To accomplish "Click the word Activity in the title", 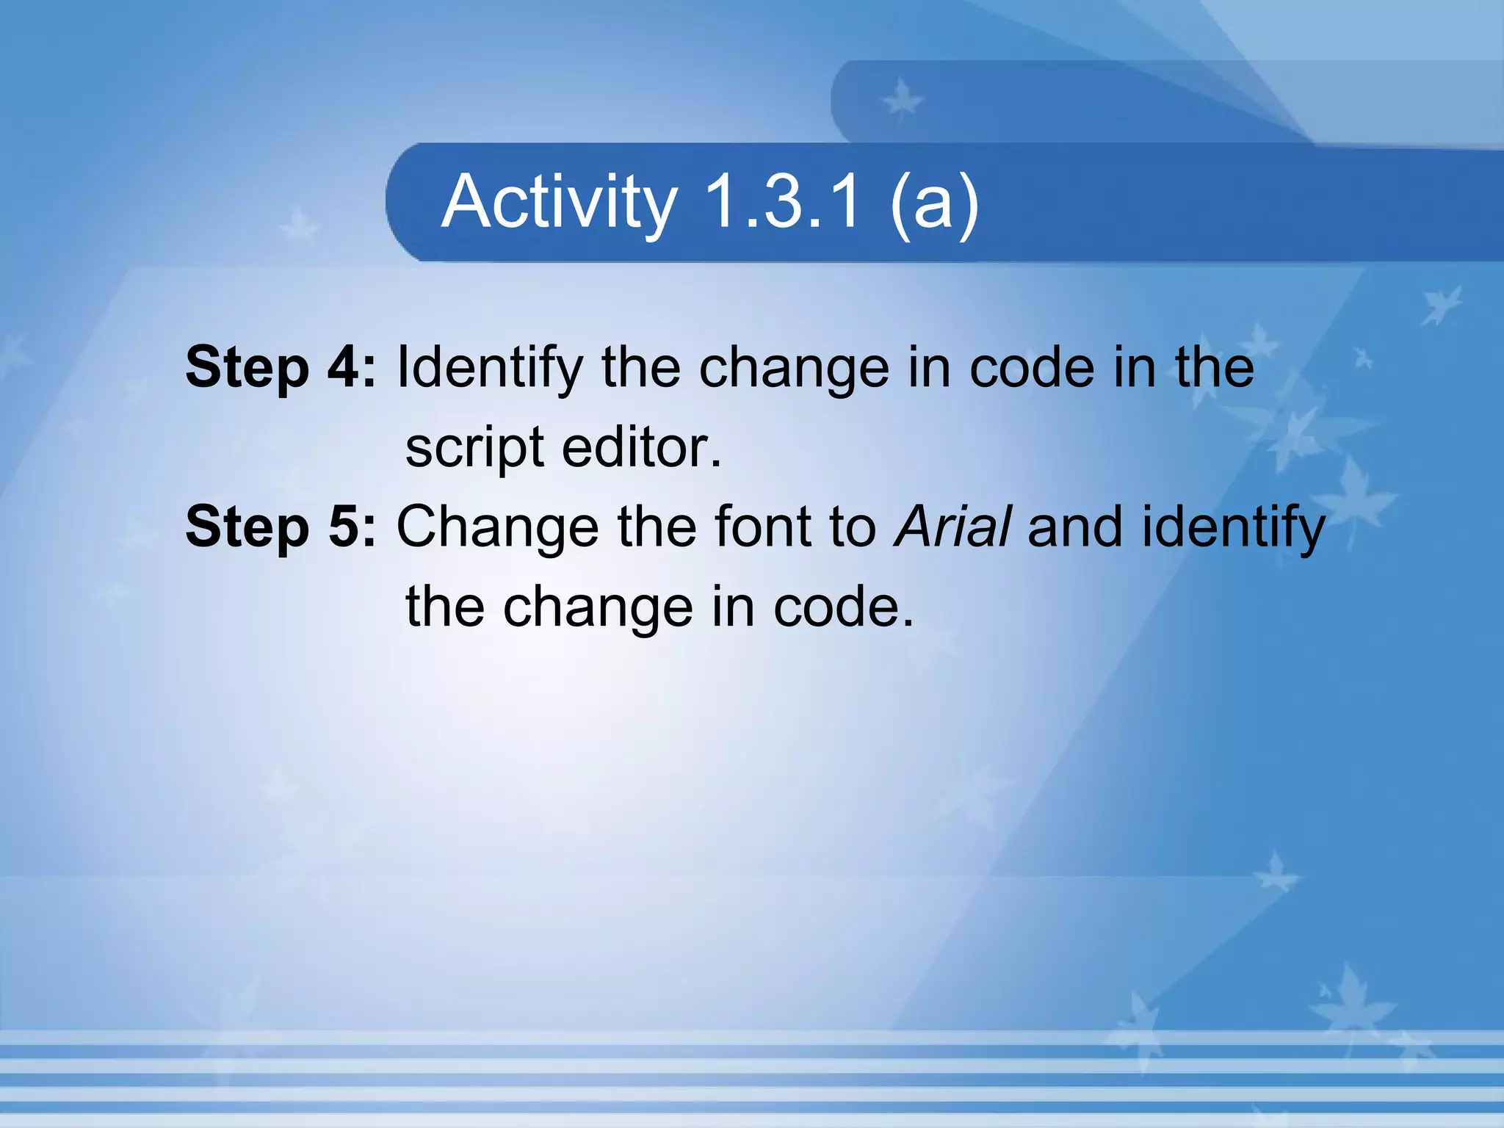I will (x=558, y=202).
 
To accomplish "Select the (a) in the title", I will (x=934, y=202).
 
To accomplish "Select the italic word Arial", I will (x=952, y=527).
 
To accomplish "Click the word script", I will (x=474, y=449).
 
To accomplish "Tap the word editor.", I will (x=642, y=447).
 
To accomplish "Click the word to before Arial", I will (x=853, y=527).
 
